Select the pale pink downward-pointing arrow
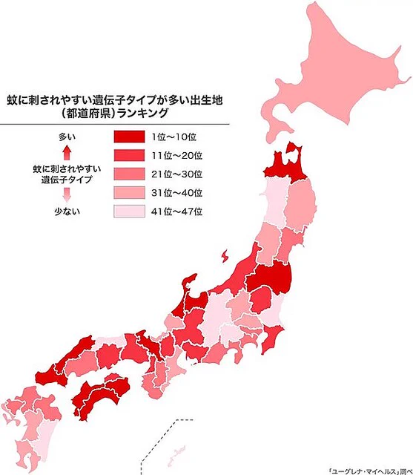click(x=67, y=195)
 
